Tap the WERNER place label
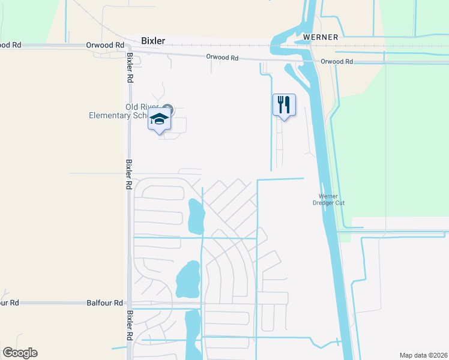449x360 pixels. [x=321, y=37]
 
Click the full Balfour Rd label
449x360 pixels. [x=105, y=304]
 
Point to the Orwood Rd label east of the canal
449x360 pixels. [x=336, y=62]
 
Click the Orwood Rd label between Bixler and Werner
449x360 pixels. [x=222, y=58]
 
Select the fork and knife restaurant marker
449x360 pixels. [x=284, y=105]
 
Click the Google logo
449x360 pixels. [x=20, y=353]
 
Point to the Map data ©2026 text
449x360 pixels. [x=423, y=355]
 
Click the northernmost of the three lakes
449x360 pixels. [x=196, y=216]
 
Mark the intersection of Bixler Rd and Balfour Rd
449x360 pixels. [x=130, y=304]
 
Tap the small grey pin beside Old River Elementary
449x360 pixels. [x=168, y=110]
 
